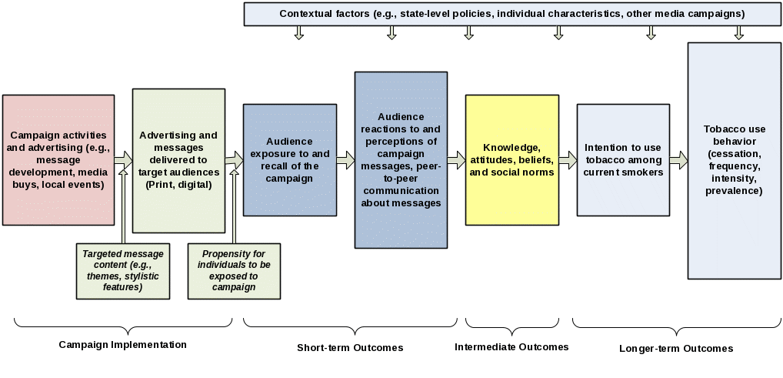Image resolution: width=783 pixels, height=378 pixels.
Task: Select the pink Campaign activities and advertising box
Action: tap(58, 160)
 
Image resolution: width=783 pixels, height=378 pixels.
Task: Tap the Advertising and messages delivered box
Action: tap(178, 160)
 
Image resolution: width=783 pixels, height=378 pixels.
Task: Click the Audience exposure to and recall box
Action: tap(289, 160)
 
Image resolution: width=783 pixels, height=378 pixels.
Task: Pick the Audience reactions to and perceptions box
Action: tap(401, 160)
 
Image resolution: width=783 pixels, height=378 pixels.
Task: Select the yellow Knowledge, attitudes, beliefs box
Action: tap(511, 160)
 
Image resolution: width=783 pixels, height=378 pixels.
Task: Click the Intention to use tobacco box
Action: tap(623, 160)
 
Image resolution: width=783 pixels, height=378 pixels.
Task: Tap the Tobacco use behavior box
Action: tap(734, 160)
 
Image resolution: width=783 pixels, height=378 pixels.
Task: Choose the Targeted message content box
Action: tap(123, 271)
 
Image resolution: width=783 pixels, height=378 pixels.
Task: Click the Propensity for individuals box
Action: tap(234, 271)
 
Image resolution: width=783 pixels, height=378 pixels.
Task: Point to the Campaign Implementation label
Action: tap(123, 345)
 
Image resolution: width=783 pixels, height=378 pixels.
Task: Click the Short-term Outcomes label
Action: tap(350, 348)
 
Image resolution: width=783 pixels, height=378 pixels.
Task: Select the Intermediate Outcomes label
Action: tap(511, 347)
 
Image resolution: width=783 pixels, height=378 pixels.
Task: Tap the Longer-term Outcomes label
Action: tap(676, 349)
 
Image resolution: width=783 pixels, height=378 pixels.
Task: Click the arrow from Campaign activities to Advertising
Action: tap(123, 160)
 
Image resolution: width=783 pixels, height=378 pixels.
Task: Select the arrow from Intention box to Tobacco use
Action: tap(678, 160)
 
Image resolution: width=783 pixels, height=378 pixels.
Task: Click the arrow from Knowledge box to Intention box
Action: tap(568, 160)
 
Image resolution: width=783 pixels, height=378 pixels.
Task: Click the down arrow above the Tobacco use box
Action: tap(738, 32)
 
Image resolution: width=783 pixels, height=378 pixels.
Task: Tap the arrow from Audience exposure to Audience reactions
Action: tap(345, 160)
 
